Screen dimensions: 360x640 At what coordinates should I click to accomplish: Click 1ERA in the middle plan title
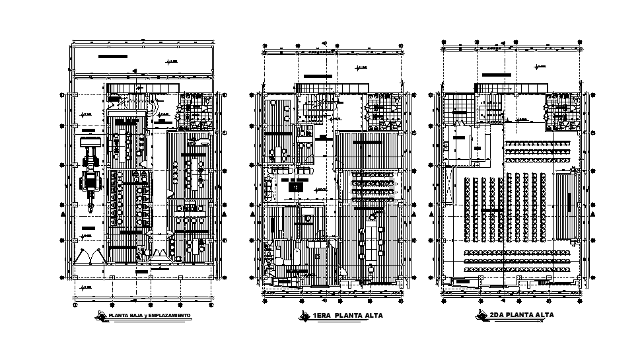click(322, 316)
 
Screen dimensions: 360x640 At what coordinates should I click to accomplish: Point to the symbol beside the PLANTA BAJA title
click(102, 315)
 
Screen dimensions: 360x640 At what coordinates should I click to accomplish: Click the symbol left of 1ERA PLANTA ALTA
click(304, 315)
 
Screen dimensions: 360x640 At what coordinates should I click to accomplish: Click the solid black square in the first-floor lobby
click(297, 187)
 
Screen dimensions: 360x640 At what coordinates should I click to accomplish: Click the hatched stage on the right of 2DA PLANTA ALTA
click(565, 205)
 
